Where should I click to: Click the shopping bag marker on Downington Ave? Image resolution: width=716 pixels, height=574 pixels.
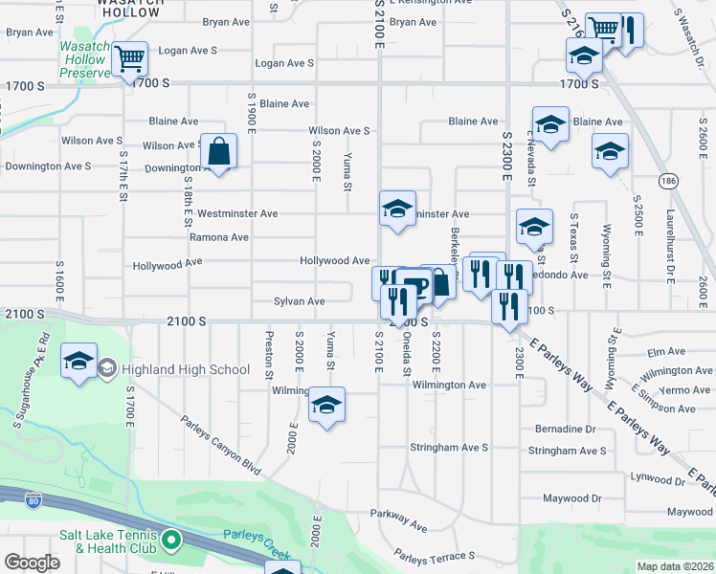[219, 151]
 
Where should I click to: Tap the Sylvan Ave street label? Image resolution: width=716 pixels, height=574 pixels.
[299, 301]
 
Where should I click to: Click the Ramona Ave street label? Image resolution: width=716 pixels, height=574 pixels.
[218, 237]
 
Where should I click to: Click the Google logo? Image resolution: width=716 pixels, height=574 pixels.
[32, 563]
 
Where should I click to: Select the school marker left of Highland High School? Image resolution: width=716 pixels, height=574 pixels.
[79, 361]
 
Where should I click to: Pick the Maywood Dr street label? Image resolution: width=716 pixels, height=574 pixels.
[572, 498]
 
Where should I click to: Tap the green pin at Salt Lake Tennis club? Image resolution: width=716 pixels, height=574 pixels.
[171, 541]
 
